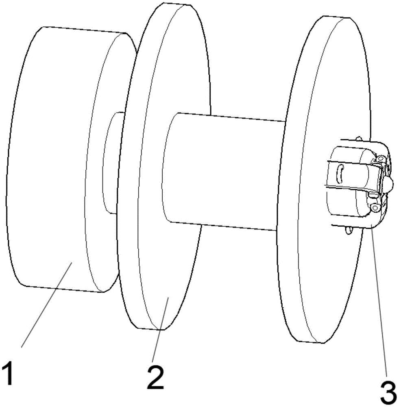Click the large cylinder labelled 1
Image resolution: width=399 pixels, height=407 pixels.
point(49,163)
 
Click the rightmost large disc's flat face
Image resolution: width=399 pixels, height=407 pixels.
point(321,265)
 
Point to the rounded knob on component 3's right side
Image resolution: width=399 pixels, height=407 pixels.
point(388,185)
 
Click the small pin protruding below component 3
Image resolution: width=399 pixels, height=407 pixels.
point(349,231)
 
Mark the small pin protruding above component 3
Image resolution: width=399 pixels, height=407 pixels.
point(358,139)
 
